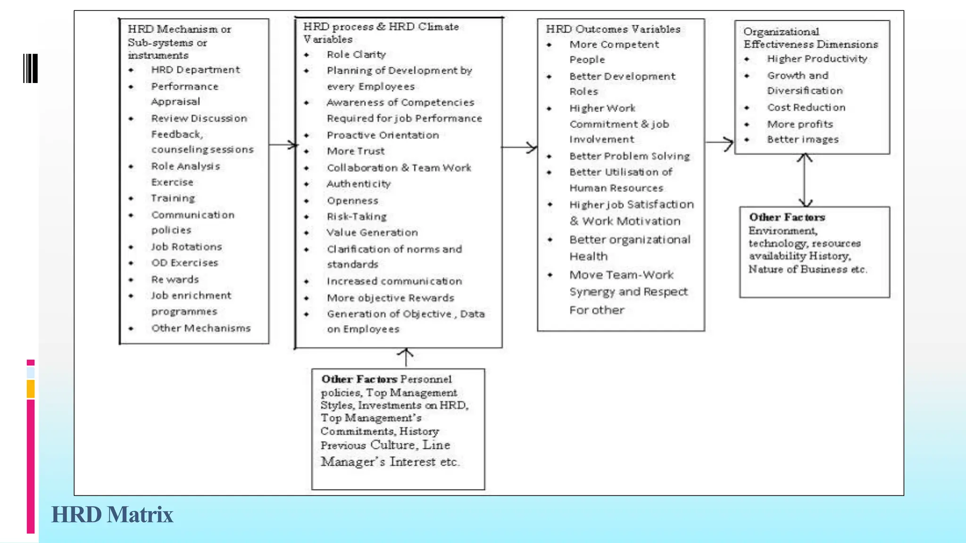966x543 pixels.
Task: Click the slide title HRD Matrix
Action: (x=112, y=514)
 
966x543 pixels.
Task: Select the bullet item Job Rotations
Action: (x=186, y=247)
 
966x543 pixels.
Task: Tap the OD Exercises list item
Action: (x=184, y=263)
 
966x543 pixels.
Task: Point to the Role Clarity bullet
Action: (x=356, y=55)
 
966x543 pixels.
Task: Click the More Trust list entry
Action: (x=356, y=151)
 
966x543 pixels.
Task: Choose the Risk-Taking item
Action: (x=357, y=216)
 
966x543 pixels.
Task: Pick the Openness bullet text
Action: (x=352, y=201)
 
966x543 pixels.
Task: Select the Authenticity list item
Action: (x=358, y=184)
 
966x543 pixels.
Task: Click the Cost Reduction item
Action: (x=806, y=107)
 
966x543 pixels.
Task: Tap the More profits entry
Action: (x=800, y=124)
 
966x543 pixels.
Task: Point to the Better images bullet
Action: (x=803, y=140)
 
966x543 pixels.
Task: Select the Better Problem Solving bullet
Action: (x=629, y=156)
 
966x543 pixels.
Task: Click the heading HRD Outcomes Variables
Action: (x=613, y=29)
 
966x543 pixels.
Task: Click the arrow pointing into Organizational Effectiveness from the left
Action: (x=720, y=142)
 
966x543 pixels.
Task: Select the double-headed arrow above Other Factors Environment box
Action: (x=805, y=181)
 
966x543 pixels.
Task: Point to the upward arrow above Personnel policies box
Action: (x=406, y=357)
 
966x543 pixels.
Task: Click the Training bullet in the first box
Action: (x=173, y=198)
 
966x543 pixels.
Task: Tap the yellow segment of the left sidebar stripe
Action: (x=31, y=389)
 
